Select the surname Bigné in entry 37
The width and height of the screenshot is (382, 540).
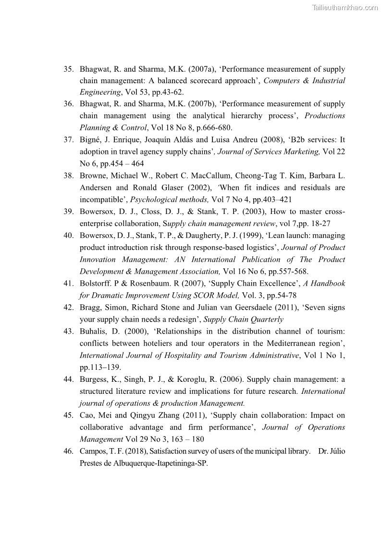(x=91, y=140)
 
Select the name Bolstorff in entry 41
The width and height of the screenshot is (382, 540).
(x=96, y=283)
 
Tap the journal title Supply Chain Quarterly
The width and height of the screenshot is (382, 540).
(x=243, y=319)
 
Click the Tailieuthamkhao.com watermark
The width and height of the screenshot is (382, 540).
(x=345, y=7)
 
